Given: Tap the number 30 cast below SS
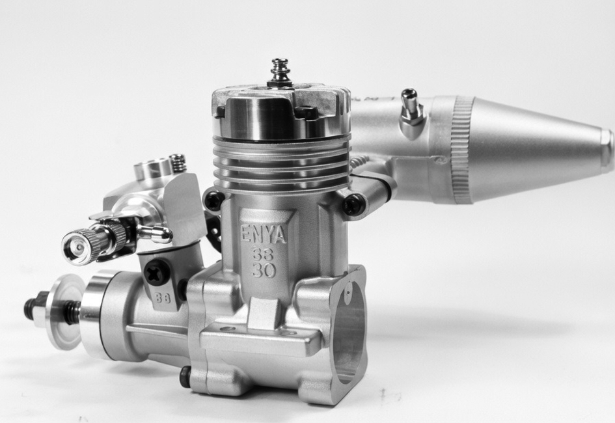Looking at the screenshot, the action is click(264, 270).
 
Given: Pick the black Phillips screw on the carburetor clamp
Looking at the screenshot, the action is click(157, 271).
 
